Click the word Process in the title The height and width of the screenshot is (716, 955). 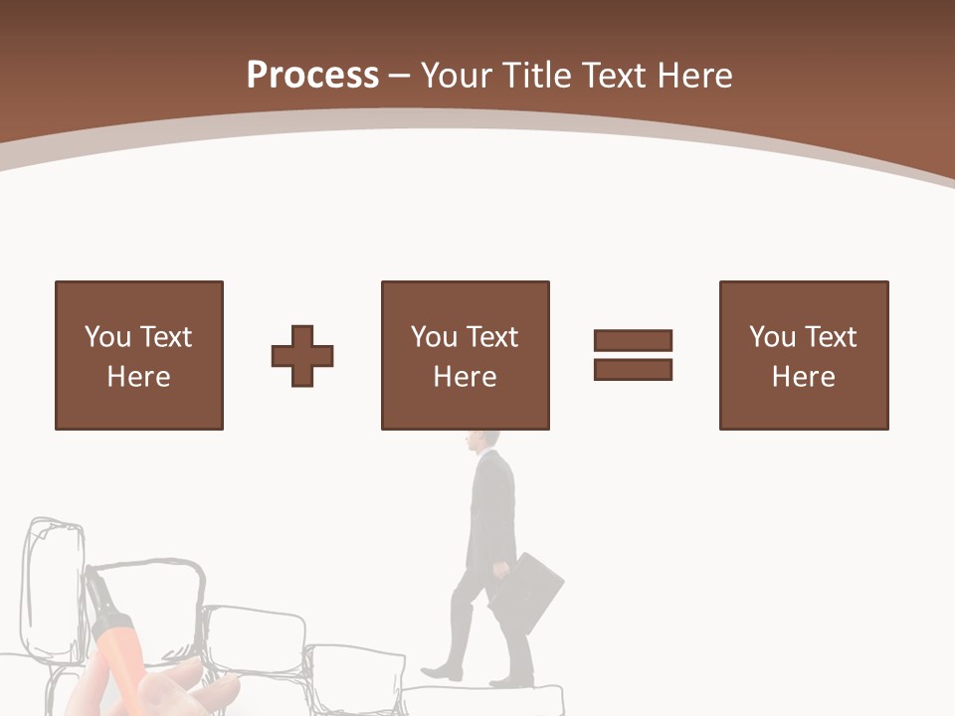pos(312,75)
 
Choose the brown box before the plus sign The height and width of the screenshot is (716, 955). pos(139,355)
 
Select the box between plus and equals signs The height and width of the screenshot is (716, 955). pos(465,355)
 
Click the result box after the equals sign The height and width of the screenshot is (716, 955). pos(804,355)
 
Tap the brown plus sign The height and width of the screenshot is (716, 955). pos(302,356)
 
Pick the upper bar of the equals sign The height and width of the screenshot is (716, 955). pos(633,341)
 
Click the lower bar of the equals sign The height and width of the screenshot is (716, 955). pos(633,369)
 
